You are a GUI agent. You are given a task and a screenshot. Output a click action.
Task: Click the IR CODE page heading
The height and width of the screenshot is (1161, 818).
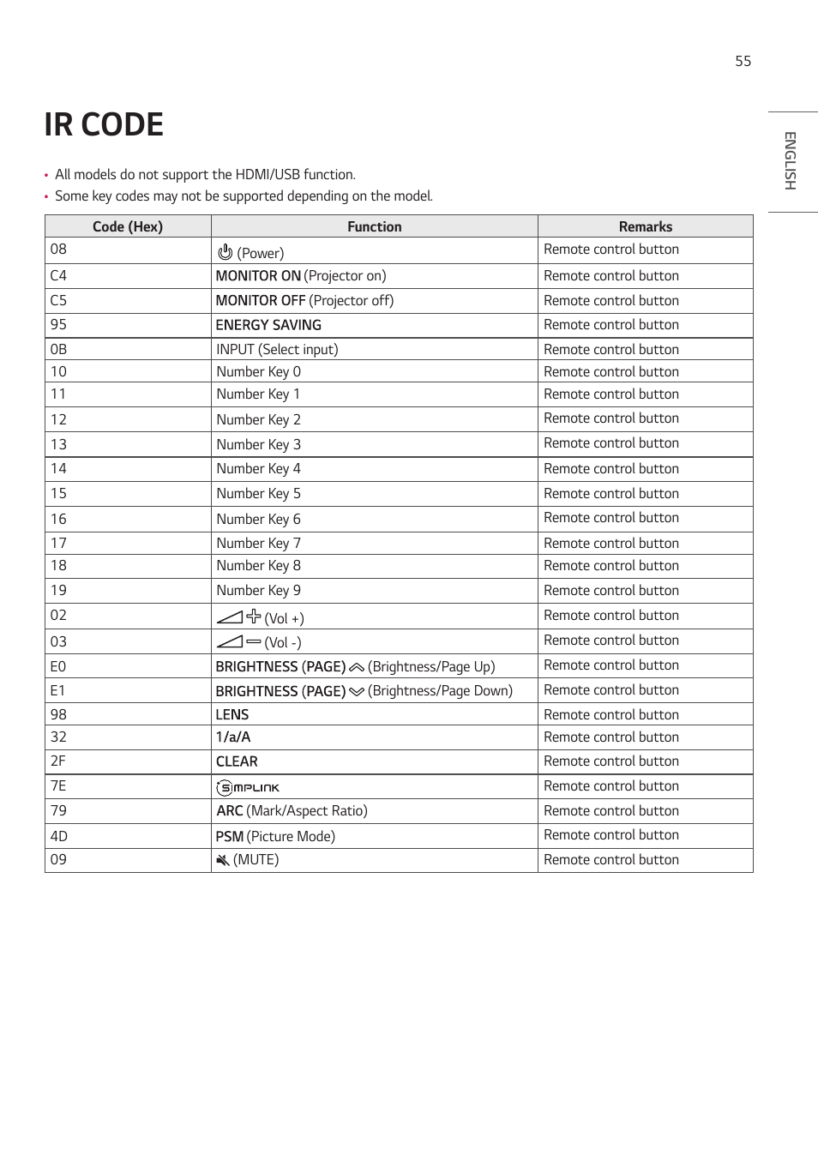click(104, 125)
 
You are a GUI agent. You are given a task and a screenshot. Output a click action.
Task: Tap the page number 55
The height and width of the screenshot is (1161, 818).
click(743, 62)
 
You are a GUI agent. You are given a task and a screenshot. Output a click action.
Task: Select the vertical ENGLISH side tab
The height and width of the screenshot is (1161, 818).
click(790, 161)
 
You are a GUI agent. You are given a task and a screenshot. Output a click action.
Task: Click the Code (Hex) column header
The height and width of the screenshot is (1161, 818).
click(127, 226)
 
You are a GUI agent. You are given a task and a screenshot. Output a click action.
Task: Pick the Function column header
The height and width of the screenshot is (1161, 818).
click(374, 226)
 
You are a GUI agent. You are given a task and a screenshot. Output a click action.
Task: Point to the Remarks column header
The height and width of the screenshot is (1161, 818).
click(645, 226)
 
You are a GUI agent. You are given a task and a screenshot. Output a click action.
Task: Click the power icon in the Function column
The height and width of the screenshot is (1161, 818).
click(226, 252)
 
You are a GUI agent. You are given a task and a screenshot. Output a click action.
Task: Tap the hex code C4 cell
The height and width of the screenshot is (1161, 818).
click(58, 276)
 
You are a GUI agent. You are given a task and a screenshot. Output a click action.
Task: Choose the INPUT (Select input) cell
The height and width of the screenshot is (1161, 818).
click(277, 350)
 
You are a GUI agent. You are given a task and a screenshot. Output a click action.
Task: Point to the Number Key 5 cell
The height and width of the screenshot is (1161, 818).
click(258, 494)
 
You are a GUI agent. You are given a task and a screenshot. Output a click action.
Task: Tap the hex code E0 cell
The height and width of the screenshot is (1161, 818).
click(58, 667)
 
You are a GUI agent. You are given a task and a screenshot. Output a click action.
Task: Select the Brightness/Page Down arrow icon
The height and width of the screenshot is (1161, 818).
click(357, 692)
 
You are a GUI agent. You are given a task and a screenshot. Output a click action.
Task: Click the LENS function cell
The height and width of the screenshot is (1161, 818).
click(232, 715)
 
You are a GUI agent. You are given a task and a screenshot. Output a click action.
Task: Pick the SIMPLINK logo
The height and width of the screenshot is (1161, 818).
click(248, 787)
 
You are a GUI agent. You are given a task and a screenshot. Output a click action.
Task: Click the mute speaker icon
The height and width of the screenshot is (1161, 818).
click(223, 860)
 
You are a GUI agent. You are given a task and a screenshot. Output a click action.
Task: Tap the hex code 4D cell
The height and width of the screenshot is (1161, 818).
click(58, 836)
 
